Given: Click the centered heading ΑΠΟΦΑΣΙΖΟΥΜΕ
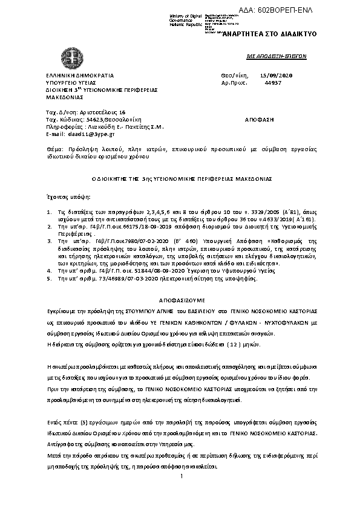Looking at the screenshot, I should (181, 299).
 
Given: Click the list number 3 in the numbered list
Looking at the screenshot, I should (50, 240).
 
